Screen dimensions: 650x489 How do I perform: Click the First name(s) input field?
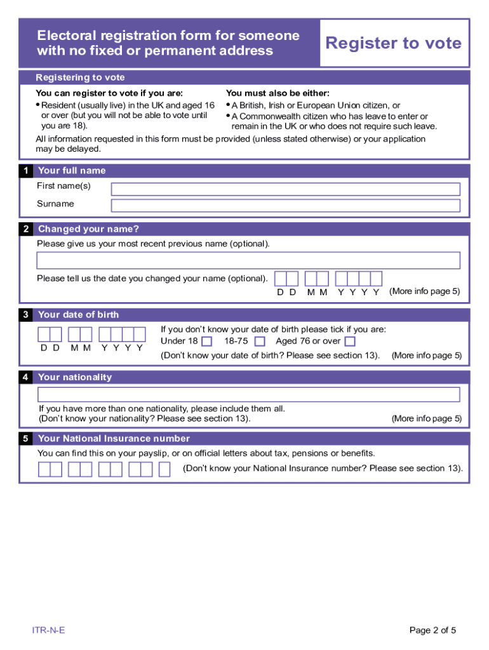pyautogui.click(x=285, y=189)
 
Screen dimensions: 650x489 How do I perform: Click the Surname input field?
pyautogui.click(x=285, y=206)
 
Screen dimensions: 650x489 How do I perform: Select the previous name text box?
pyautogui.click(x=248, y=261)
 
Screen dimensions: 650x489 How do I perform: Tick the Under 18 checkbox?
pyautogui.click(x=206, y=342)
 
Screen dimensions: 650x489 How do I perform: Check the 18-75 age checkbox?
pyautogui.click(x=260, y=342)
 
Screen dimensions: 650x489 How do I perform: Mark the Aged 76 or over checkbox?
pyautogui.click(x=350, y=342)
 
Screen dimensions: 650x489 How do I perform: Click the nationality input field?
pyautogui.click(x=248, y=395)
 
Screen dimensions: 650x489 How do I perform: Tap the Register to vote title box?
pyautogui.click(x=394, y=43)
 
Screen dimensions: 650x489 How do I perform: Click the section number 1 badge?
pyautogui.click(x=25, y=171)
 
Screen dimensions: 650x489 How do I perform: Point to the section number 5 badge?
pyautogui.click(x=25, y=439)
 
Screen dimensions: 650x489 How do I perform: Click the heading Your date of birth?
pyautogui.click(x=78, y=315)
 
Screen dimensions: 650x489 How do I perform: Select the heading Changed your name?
pyautogui.click(x=88, y=229)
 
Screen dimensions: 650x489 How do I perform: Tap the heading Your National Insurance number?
pyautogui.click(x=114, y=439)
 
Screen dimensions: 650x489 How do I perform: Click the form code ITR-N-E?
pyautogui.click(x=49, y=630)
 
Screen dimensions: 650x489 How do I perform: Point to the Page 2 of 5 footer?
pyautogui.click(x=432, y=630)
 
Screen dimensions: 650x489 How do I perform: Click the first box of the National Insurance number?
pyautogui.click(x=44, y=470)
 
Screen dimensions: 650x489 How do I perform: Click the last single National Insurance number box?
pyautogui.click(x=164, y=470)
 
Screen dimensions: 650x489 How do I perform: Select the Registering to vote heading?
pyautogui.click(x=80, y=77)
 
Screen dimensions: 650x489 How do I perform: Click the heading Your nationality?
pyautogui.click(x=74, y=377)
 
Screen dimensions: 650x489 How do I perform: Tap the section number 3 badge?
pyautogui.click(x=25, y=315)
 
